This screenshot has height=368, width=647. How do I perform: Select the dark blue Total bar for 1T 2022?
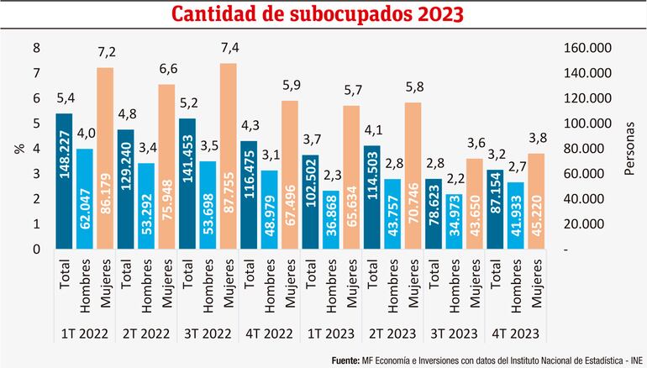pos(65,181)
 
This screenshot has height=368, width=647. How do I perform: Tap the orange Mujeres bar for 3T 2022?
pos(229,156)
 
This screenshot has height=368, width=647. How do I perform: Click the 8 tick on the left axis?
pos(36,48)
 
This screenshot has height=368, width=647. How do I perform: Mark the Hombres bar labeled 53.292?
pos(147,206)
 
